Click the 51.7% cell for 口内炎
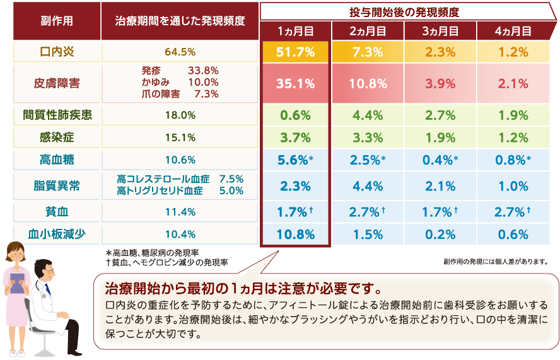tap(295, 52)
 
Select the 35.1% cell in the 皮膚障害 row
tap(295, 83)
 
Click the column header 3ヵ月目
tap(440, 30)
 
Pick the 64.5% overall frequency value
tap(180, 52)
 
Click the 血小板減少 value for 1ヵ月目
tap(295, 234)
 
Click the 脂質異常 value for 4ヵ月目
tap(513, 187)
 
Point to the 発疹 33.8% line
tap(180, 71)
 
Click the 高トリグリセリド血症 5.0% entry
tap(180, 192)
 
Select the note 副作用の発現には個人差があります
tap(496, 261)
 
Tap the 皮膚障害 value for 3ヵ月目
tap(440, 83)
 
